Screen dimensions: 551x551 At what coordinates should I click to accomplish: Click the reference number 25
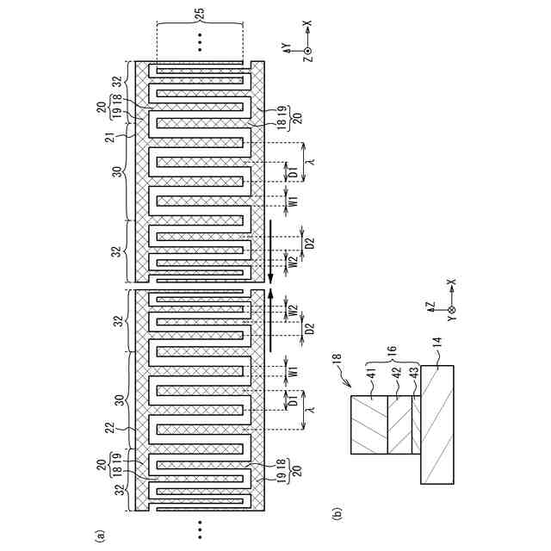pos(200,13)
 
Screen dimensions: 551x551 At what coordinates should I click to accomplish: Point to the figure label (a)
pos(100,535)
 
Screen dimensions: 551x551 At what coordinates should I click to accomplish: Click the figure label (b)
pos(337,514)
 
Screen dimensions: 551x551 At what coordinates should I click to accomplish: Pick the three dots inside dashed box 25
pos(200,40)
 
